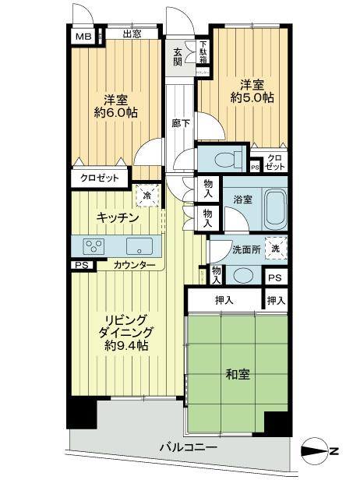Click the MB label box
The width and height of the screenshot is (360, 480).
(81, 34)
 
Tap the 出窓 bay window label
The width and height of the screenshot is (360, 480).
(132, 34)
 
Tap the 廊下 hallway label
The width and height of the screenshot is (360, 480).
(178, 122)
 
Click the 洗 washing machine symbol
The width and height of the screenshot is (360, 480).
(275, 248)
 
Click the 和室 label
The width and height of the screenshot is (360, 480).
(238, 374)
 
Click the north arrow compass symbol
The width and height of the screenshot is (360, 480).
(322, 450)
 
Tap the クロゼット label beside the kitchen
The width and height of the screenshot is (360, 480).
(100, 178)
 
